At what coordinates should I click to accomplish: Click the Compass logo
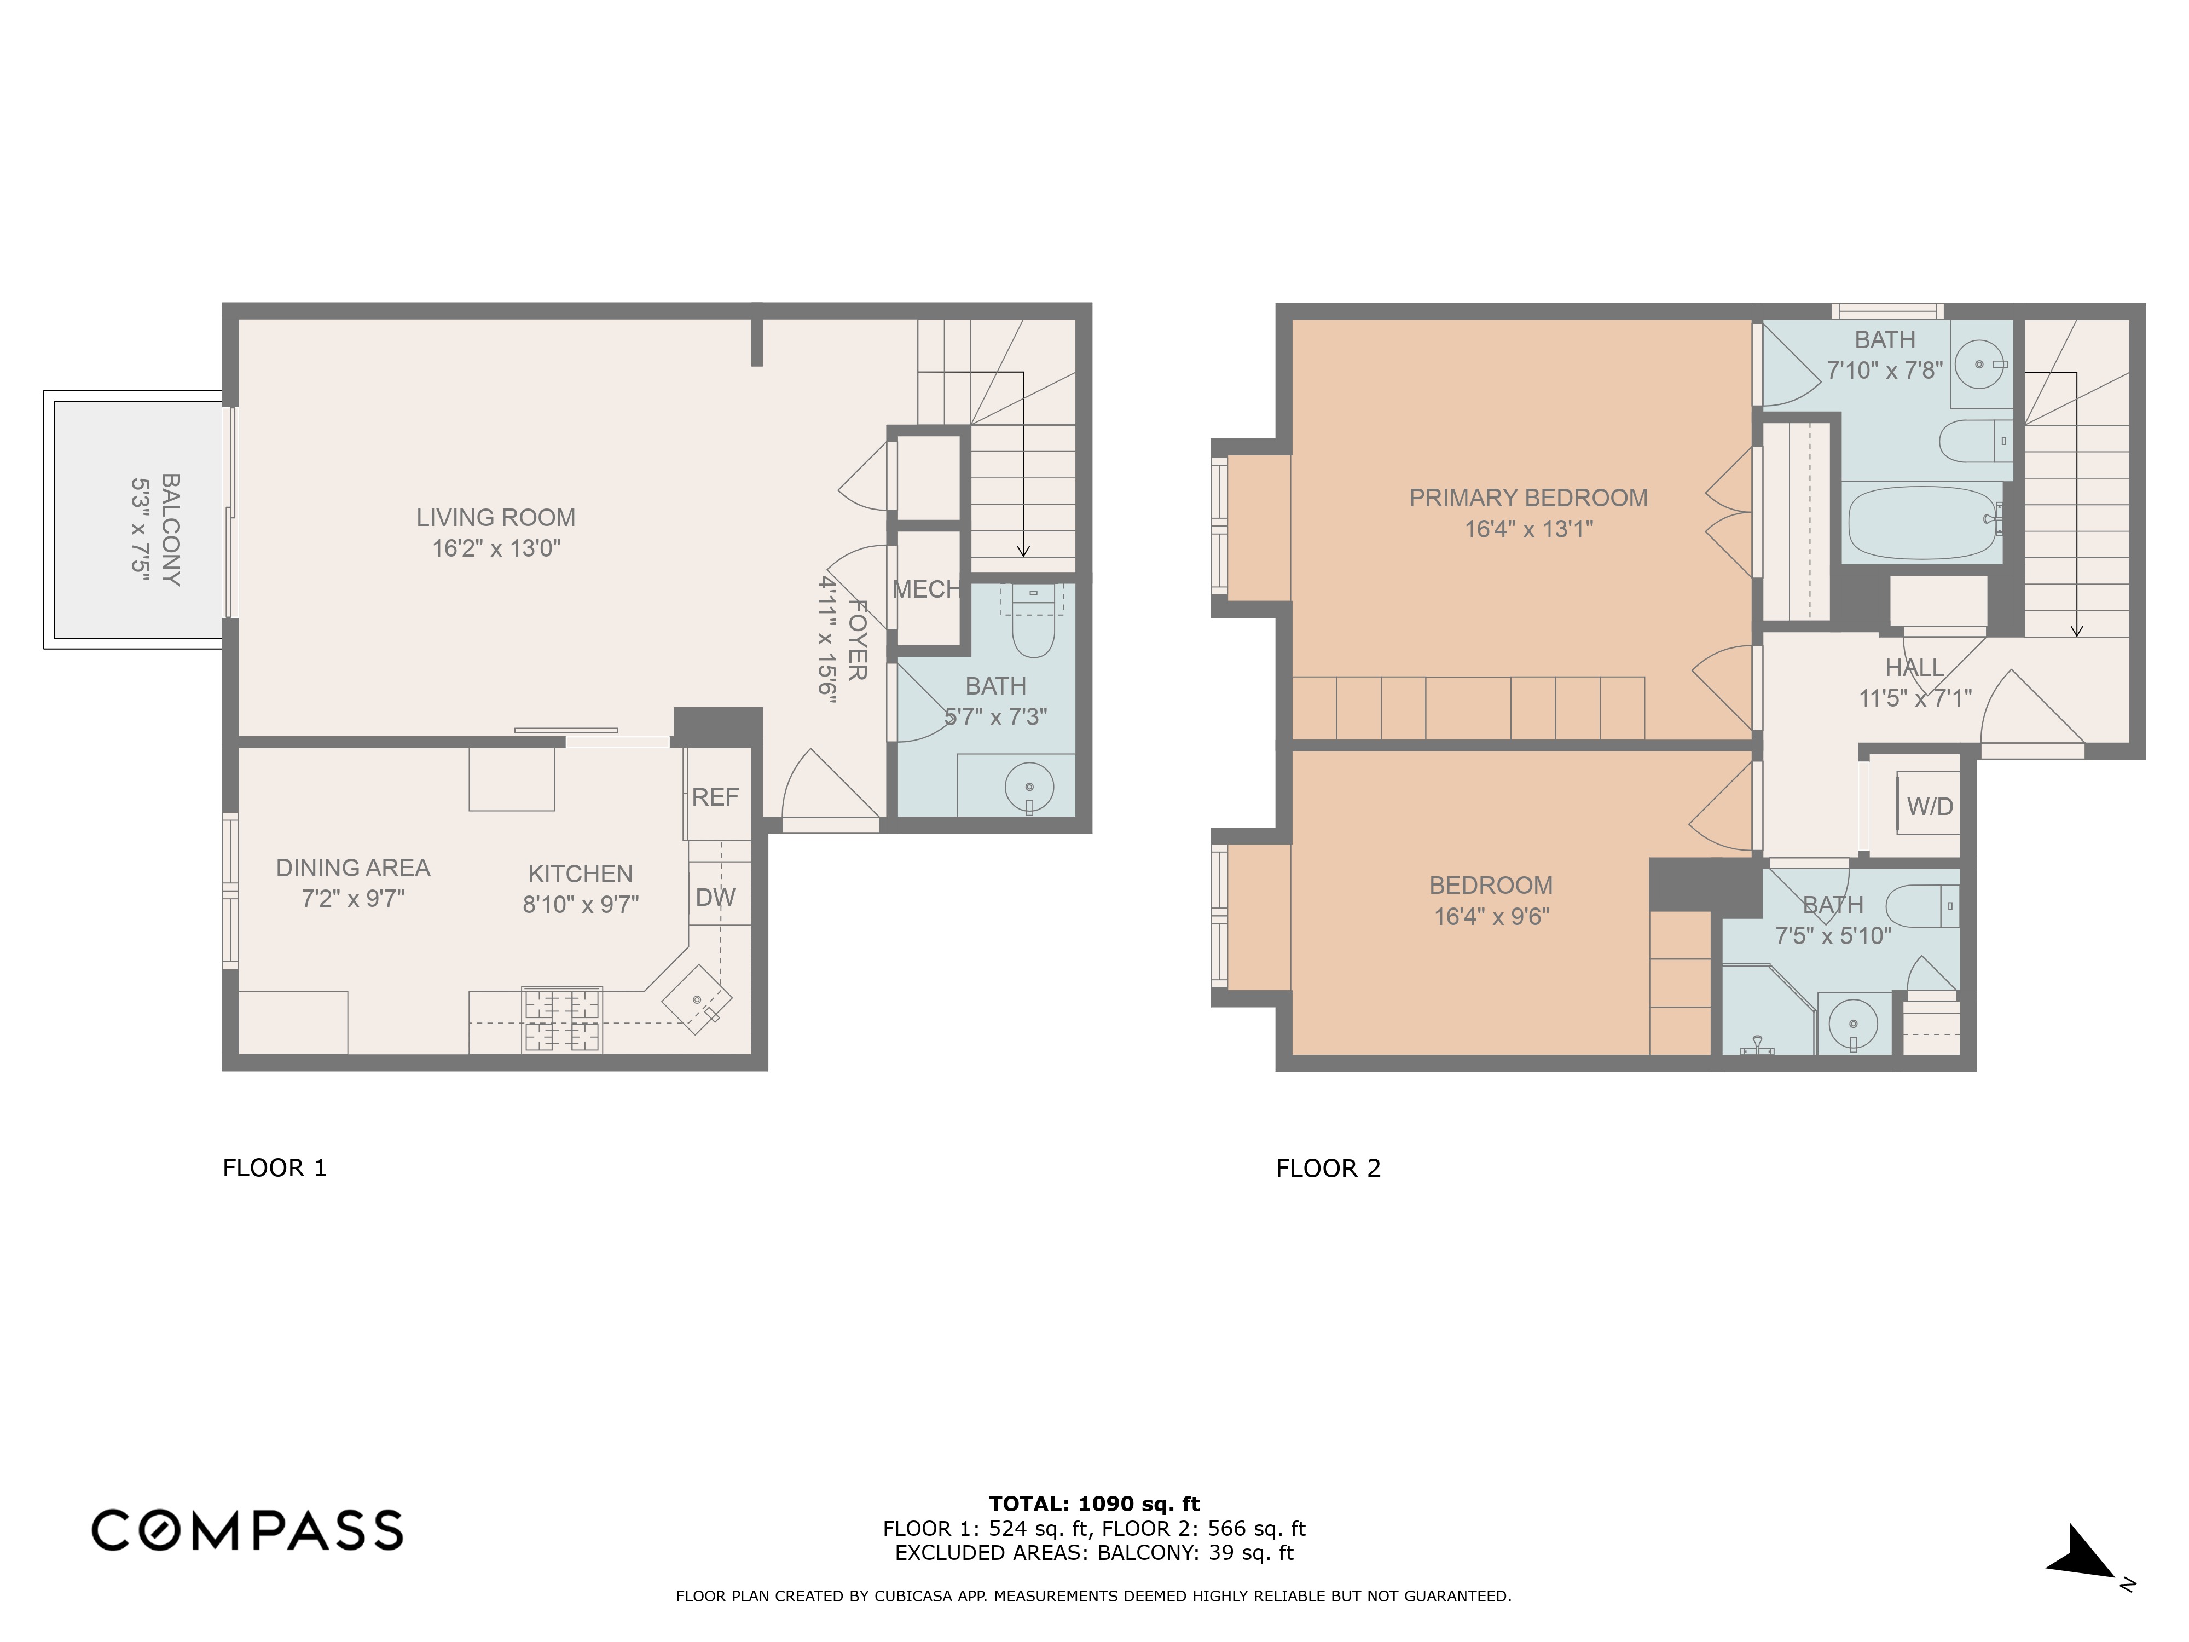point(247,1530)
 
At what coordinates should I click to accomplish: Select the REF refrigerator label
point(715,797)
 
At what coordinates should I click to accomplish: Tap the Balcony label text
point(170,529)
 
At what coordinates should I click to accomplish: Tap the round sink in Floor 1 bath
point(1029,788)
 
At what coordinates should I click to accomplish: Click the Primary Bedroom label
point(1528,498)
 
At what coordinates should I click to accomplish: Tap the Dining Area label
point(352,868)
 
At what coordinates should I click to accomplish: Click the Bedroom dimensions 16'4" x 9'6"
point(1491,917)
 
